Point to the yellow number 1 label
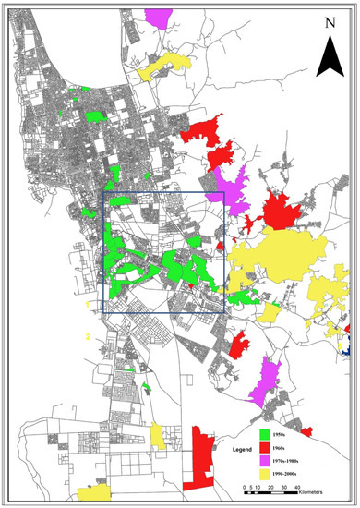click(87, 303)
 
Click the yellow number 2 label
click(87, 336)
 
